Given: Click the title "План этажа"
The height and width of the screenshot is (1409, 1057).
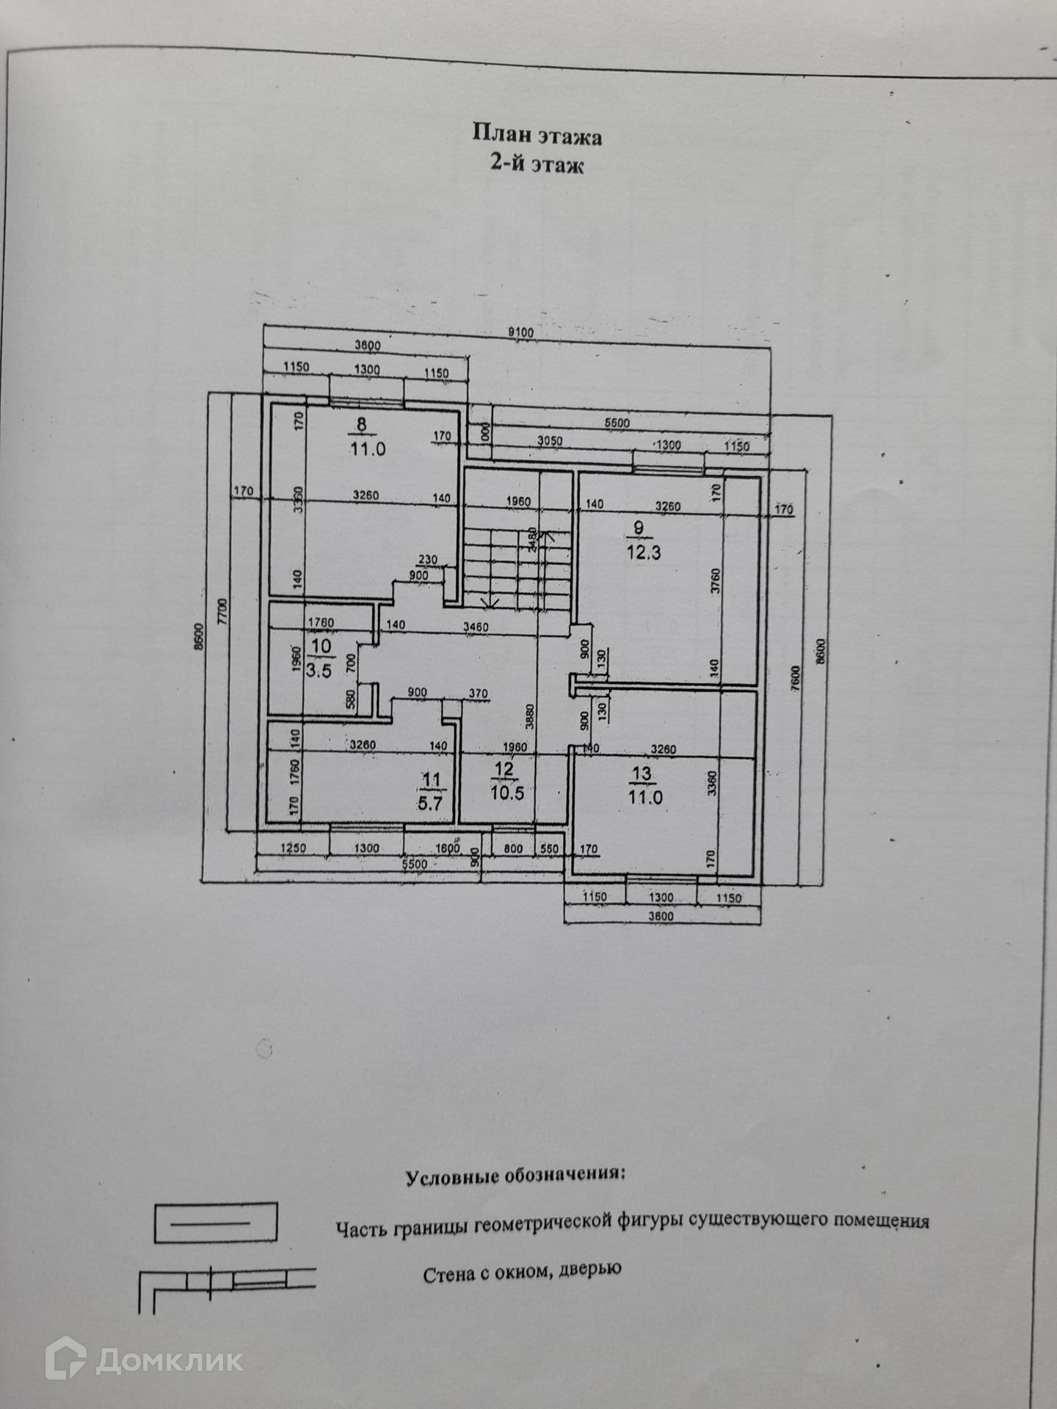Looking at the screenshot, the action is (x=537, y=135).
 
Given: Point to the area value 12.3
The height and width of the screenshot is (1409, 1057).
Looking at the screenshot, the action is (x=643, y=553).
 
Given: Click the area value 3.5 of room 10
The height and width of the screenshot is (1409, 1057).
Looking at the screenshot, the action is (x=319, y=670).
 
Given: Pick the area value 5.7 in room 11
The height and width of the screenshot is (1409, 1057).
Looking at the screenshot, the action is (x=430, y=803).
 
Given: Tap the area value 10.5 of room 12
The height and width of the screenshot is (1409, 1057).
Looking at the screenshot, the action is (x=506, y=793).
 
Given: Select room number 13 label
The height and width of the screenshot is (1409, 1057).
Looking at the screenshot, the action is (x=642, y=773).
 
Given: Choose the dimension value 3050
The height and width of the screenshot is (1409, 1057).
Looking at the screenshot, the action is (x=550, y=440).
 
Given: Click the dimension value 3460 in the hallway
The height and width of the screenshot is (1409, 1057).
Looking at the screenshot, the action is (x=477, y=627).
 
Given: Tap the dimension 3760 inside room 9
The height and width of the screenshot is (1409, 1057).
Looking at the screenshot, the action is (x=716, y=581).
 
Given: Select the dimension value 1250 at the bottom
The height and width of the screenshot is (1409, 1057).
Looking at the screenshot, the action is (x=293, y=848).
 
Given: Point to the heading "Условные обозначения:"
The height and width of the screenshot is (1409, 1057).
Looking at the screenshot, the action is (x=516, y=1175).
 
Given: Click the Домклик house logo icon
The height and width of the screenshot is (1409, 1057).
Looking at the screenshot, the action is (x=66, y=1360).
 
